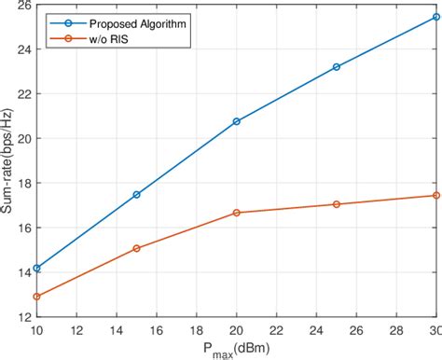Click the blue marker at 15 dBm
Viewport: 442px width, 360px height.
[136, 194]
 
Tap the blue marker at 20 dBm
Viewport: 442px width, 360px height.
[237, 121]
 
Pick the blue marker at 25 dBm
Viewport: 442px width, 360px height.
[337, 67]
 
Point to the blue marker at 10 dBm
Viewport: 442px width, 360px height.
[36, 268]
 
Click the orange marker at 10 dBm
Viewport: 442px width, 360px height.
[36, 297]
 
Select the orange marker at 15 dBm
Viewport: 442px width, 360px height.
[136, 248]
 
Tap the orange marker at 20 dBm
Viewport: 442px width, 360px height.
[237, 213]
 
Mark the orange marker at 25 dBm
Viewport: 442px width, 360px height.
[337, 204]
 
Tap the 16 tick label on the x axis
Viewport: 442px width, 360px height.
[157, 330]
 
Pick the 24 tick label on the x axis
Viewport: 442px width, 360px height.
[317, 330]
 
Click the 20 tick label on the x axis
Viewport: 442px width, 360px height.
[237, 330]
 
